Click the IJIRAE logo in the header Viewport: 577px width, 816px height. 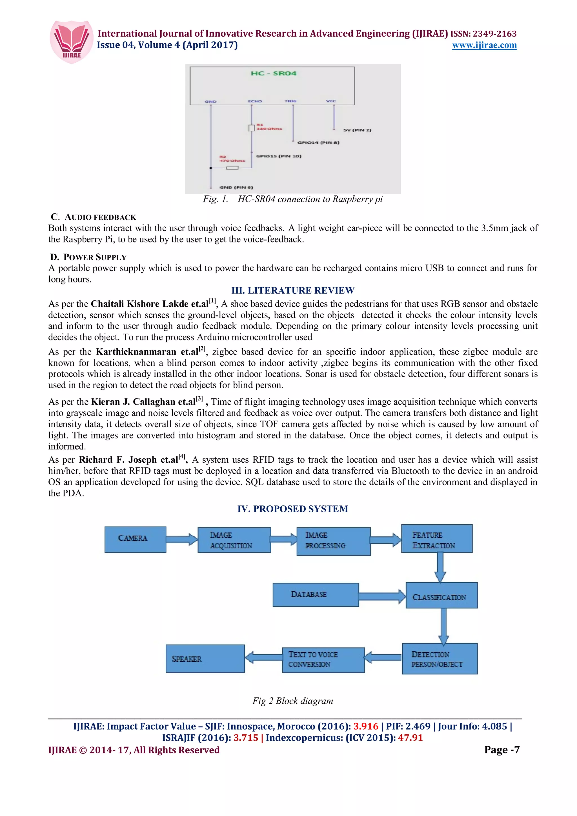pyautogui.click(x=72, y=42)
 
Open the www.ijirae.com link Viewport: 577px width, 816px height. pyautogui.click(x=484, y=45)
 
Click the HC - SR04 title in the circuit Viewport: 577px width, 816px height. pyautogui.click(x=273, y=73)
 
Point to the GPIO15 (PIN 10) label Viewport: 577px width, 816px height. pyautogui.click(x=278, y=156)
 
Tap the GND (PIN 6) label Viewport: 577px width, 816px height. pyautogui.click(x=236, y=187)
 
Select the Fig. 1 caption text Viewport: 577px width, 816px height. pyautogui.click(x=293, y=199)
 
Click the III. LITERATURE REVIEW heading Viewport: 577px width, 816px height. pyautogui.click(x=293, y=290)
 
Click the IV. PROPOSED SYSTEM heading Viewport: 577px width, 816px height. pyautogui.click(x=293, y=509)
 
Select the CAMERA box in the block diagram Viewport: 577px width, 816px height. pyautogui.click(x=135, y=539)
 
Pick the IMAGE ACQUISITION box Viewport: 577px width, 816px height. pyautogui.click(x=234, y=540)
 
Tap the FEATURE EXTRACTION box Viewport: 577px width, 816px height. pyautogui.click(x=437, y=539)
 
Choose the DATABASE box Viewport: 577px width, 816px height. pyautogui.click(x=315, y=595)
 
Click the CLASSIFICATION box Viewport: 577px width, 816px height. pyautogui.click(x=441, y=595)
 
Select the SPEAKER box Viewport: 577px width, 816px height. pyautogui.click(x=205, y=659)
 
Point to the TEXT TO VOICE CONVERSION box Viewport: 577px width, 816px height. pyautogui.click(x=323, y=660)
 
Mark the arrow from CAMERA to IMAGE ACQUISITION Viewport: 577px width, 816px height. pyautogui.click(x=182, y=539)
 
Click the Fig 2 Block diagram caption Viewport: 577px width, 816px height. pyautogui.click(x=293, y=701)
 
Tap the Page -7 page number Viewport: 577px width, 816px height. pyautogui.click(x=501, y=750)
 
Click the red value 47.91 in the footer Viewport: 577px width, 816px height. pyautogui.click(x=410, y=737)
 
